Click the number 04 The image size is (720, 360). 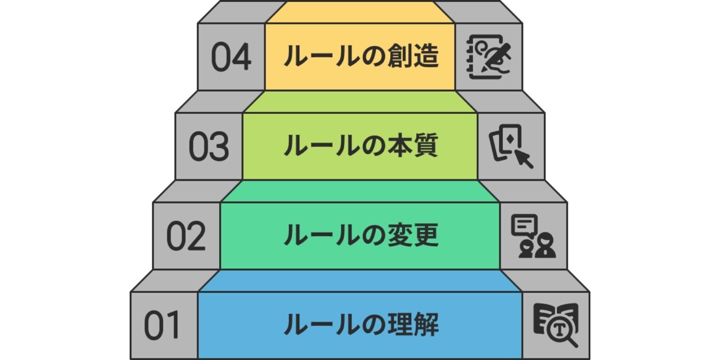pos(231,57)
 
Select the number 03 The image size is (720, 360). pos(208,147)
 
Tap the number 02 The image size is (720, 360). pos(186,236)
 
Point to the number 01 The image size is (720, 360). pos(162,325)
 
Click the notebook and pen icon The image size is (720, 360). pos(489,57)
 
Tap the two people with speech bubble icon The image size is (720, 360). pos(533,236)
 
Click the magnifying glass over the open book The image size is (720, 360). pos(562,332)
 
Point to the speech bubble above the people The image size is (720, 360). pos(524,225)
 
